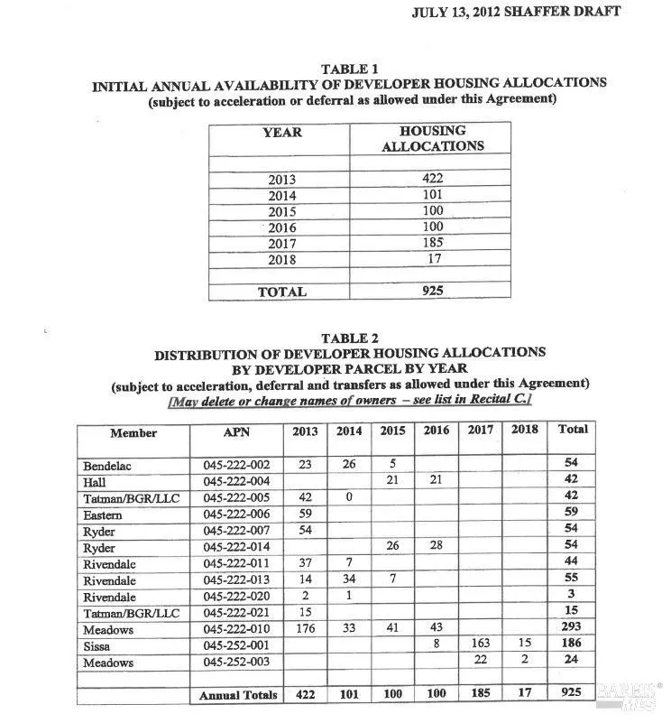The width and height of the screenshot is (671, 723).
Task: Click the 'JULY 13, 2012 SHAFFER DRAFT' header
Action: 516,14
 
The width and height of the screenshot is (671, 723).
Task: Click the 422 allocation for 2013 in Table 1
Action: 433,179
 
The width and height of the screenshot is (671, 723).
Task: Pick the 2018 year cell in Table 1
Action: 282,260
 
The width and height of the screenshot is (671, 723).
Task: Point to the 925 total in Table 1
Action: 433,292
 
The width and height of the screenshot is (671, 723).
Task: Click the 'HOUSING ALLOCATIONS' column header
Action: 433,138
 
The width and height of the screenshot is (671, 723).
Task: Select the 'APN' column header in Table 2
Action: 236,432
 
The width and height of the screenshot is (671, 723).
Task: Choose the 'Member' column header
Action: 133,433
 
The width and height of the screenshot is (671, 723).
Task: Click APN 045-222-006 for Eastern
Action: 236,514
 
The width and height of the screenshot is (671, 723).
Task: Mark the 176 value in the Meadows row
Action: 306,629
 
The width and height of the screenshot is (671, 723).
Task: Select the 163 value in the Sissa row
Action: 480,645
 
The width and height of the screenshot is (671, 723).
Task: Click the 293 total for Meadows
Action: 573,629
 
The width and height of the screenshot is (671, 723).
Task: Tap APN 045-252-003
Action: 236,663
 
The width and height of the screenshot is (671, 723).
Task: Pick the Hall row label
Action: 95,482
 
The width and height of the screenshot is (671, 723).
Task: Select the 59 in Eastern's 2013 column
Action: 306,514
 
